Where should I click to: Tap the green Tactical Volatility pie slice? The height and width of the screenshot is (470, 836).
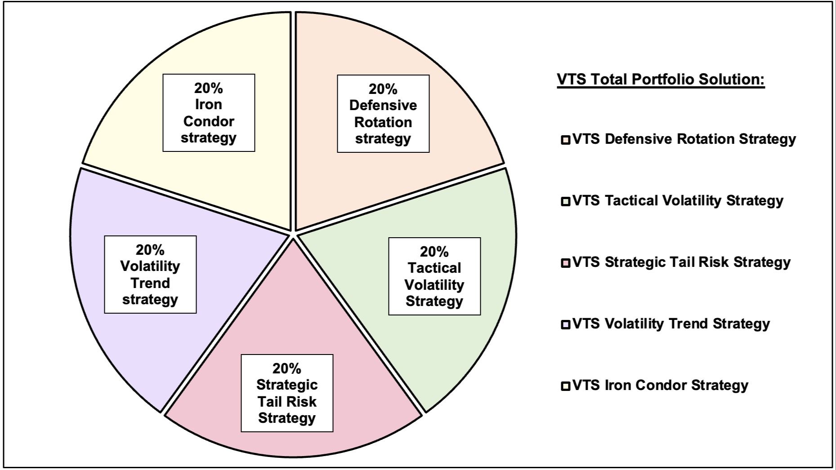click(x=450, y=341)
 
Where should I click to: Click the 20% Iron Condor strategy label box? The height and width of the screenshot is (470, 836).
click(x=209, y=113)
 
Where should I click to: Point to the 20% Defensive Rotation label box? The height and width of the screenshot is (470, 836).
click(x=383, y=114)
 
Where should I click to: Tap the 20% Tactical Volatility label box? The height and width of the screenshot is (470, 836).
click(x=434, y=276)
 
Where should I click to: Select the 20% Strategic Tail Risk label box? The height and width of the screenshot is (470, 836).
click(x=287, y=393)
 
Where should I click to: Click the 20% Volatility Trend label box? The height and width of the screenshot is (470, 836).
click(x=150, y=275)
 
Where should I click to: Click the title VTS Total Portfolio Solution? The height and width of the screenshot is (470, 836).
click(x=661, y=80)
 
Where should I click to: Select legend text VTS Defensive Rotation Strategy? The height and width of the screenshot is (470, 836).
click(x=684, y=139)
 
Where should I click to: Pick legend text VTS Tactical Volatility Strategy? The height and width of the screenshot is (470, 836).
click(x=678, y=201)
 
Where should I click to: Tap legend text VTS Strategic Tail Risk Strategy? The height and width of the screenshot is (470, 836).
click(x=681, y=262)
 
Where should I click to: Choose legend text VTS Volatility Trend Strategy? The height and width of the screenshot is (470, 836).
click(x=671, y=324)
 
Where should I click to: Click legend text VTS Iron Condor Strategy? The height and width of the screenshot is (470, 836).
click(x=660, y=386)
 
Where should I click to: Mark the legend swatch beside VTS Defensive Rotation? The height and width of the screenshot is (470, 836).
click(x=565, y=140)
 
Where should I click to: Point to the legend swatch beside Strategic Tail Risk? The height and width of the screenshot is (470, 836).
click(x=565, y=263)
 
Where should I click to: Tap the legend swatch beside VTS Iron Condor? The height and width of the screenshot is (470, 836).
click(x=565, y=386)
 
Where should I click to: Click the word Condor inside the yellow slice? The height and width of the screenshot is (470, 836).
click(x=209, y=121)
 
